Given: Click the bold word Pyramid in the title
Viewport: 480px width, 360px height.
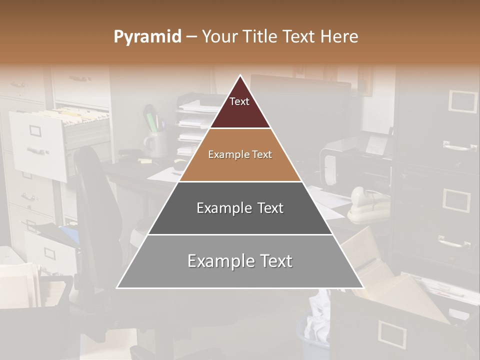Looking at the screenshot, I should pyautogui.click(x=147, y=37).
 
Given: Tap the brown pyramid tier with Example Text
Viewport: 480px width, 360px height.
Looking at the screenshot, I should pyautogui.click(x=240, y=155).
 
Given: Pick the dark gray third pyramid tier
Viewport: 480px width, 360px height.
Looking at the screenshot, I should pyautogui.click(x=240, y=208).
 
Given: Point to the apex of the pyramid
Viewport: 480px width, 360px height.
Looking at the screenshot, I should pyautogui.click(x=240, y=76).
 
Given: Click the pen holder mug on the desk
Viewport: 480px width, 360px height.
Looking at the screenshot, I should pyautogui.click(x=155, y=143).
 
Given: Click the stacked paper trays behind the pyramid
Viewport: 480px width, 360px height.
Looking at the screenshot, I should pyautogui.click(x=195, y=125).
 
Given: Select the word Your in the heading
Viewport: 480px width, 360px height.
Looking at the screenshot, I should pyautogui.click(x=218, y=37).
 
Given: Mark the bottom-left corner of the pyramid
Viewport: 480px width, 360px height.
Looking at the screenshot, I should pyautogui.click(x=117, y=287).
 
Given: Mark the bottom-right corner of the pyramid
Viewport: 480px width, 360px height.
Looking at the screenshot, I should pyautogui.click(x=363, y=287).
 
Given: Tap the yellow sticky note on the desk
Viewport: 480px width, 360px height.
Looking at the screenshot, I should pyautogui.click(x=145, y=161).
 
